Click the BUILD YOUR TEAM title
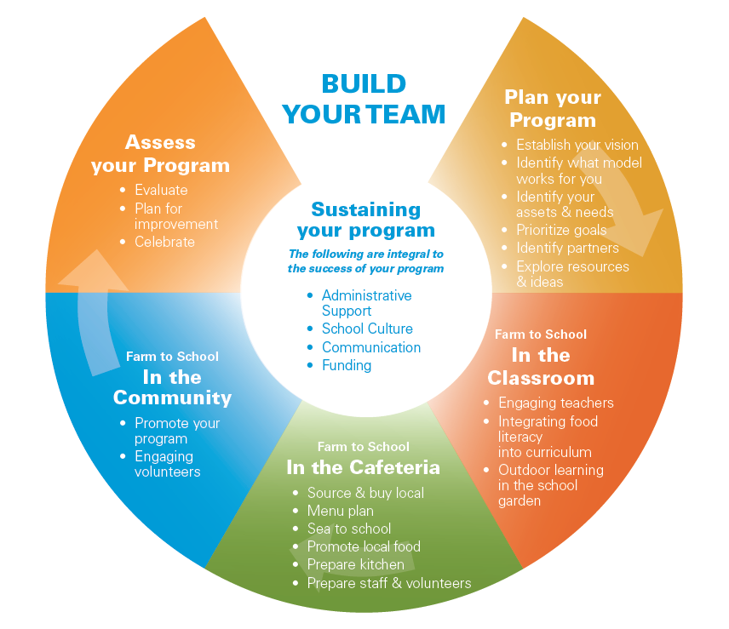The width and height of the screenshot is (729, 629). [x=364, y=99]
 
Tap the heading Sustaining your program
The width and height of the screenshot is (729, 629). [x=365, y=220]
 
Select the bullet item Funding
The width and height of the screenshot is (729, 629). [x=346, y=365]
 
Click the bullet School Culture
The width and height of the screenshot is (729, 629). [x=367, y=329]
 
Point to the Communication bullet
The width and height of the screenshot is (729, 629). [x=370, y=347]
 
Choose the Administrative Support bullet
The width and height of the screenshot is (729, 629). [x=366, y=303]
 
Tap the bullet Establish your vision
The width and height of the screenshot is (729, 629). [x=577, y=145]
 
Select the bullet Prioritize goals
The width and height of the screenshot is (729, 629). [x=561, y=230]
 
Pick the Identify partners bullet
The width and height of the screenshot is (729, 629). [x=567, y=248]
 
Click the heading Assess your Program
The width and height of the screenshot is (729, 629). [x=160, y=153]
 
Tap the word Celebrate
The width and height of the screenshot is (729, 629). [x=164, y=242]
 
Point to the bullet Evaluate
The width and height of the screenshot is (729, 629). [x=161, y=190]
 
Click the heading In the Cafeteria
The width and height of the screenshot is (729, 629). [x=363, y=467]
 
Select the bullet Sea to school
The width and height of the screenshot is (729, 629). [x=348, y=529]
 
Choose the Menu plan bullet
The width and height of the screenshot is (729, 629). [x=340, y=511]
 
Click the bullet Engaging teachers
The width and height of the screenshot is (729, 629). [x=555, y=403]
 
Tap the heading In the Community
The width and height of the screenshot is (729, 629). [x=172, y=387]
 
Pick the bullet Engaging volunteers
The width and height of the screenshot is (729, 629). [x=167, y=464]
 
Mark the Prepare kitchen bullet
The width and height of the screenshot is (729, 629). [x=355, y=564]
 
